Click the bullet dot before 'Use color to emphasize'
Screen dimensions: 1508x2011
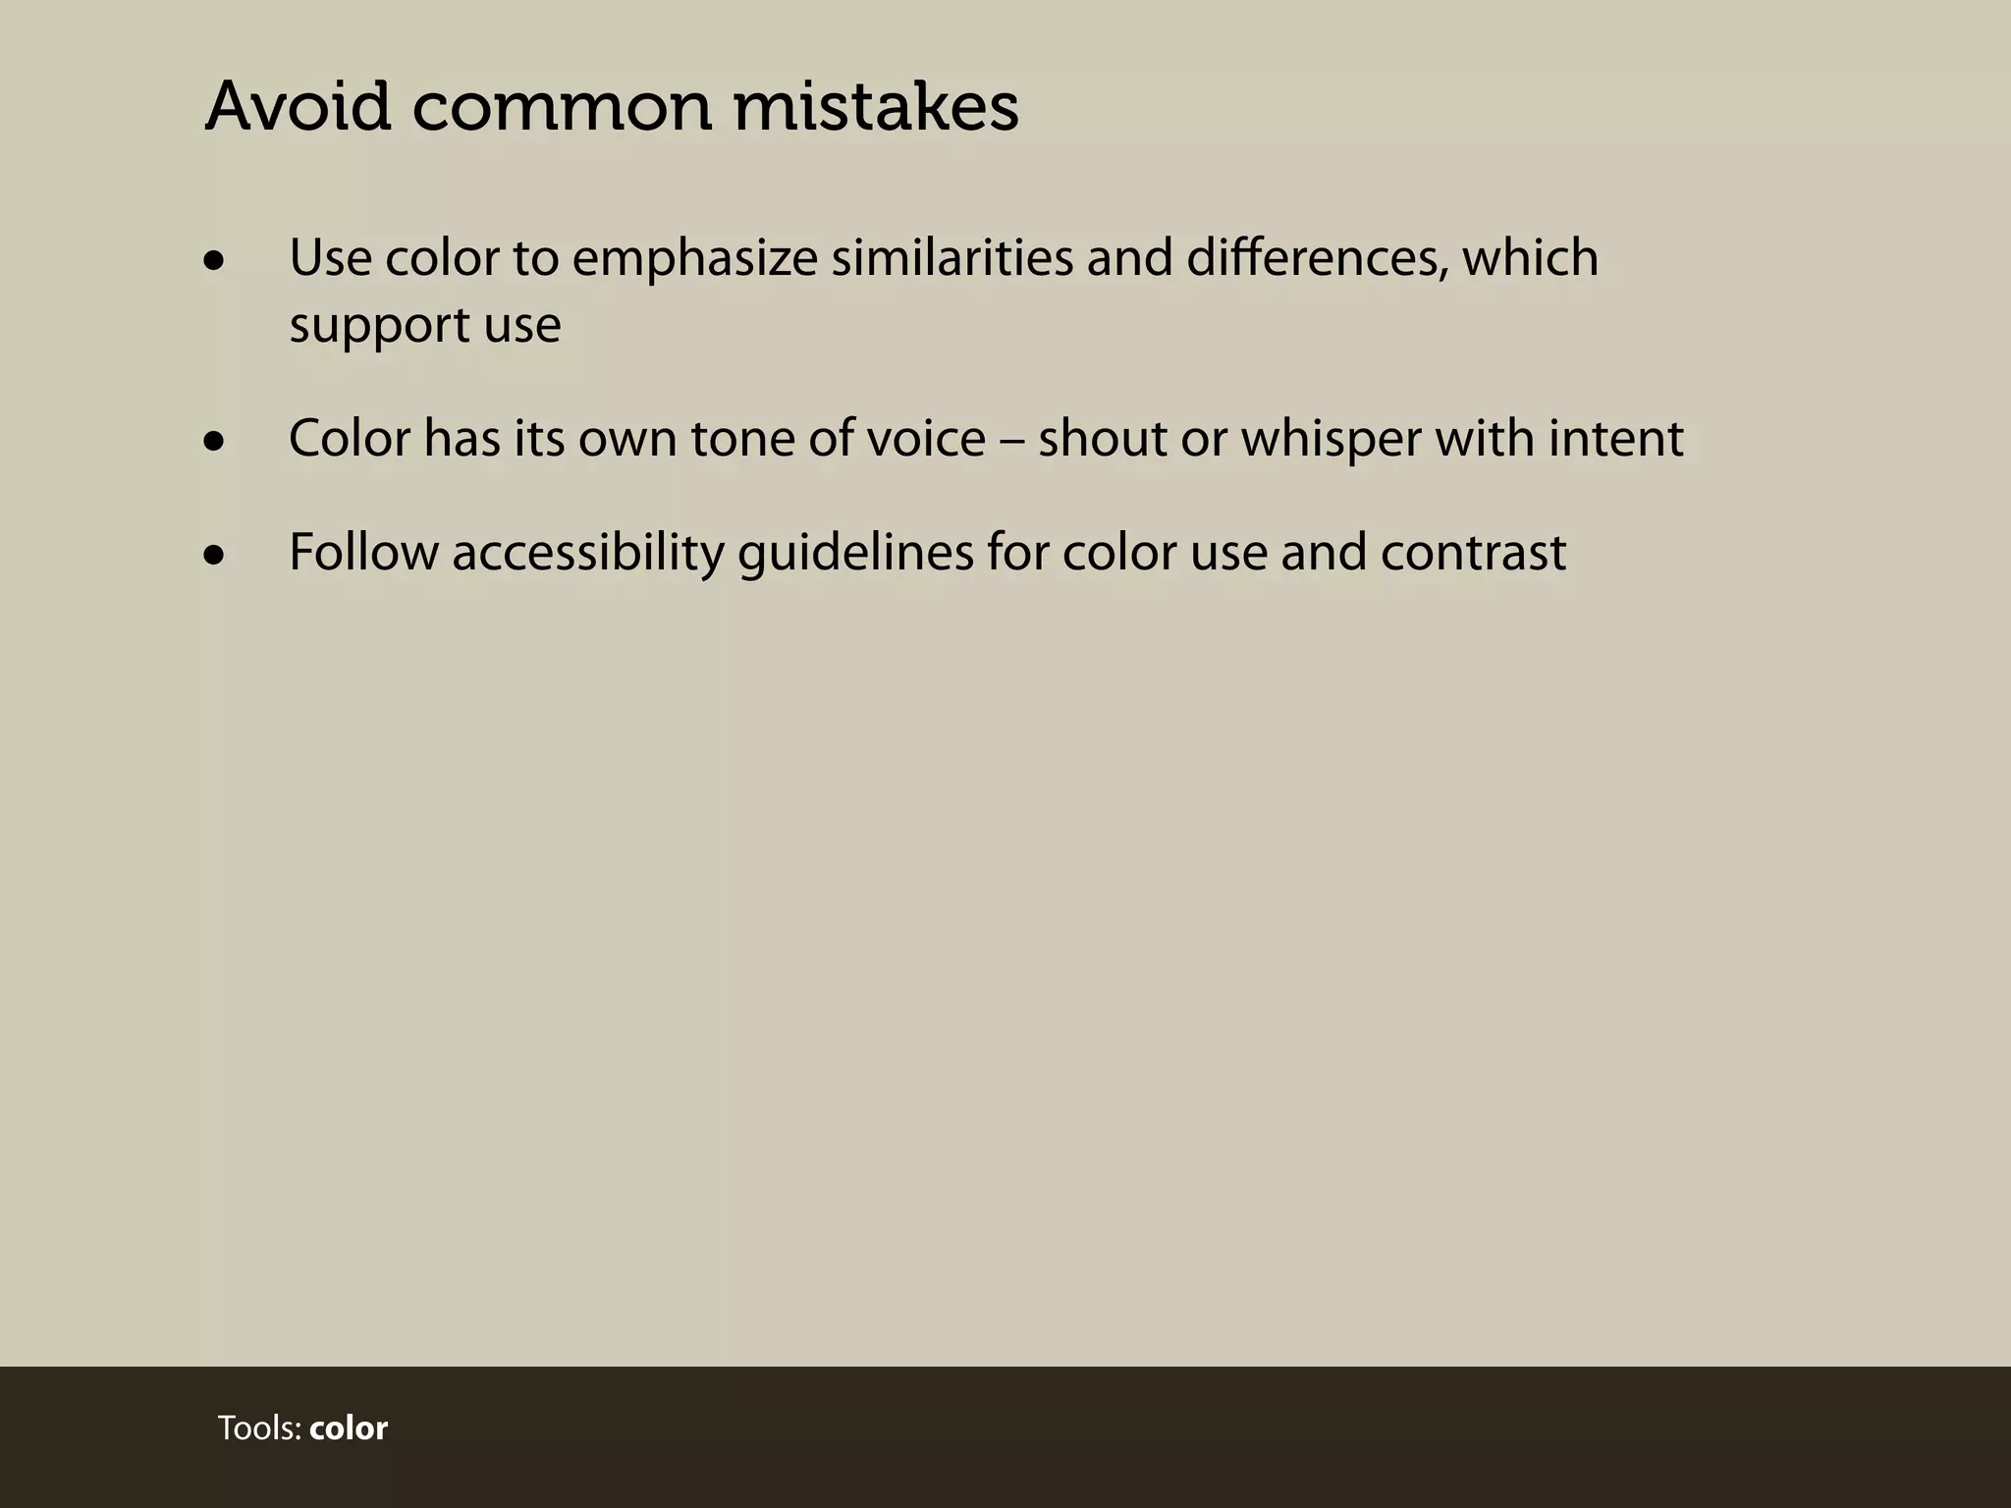click(214, 261)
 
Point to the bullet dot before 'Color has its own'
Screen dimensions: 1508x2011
click(214, 442)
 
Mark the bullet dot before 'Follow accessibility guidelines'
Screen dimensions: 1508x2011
click(214, 556)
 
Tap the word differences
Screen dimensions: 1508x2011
click(1316, 257)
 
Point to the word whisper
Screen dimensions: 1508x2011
click(1331, 440)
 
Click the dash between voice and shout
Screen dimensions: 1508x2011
click(1011, 440)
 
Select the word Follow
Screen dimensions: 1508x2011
click(363, 552)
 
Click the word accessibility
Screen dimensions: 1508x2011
click(587, 554)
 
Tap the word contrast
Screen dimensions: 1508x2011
click(1473, 553)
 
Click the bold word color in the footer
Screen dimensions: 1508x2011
click(349, 1428)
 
